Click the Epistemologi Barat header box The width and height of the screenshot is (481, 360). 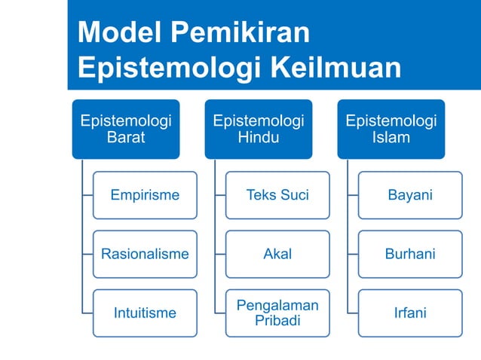tap(126, 129)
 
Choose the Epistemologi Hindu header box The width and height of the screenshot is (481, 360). tap(259, 129)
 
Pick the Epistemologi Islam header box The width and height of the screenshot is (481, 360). tap(391, 129)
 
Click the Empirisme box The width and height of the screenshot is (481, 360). tap(145, 195)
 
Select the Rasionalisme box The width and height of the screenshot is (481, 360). tap(145, 254)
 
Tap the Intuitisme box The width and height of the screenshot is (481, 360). tap(145, 313)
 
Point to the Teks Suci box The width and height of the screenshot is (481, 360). tap(277, 195)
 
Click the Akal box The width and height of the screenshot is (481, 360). tap(277, 254)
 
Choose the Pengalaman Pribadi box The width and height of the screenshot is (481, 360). tap(277, 313)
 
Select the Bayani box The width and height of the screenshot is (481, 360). tap(410, 195)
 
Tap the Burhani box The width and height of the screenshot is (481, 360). tap(410, 254)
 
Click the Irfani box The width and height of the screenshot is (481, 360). tap(410, 313)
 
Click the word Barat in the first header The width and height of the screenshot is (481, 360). tap(126, 138)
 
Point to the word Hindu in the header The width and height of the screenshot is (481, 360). tap(259, 138)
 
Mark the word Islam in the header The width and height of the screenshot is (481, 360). tap(391, 138)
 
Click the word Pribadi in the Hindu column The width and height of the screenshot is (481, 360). tap(277, 321)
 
